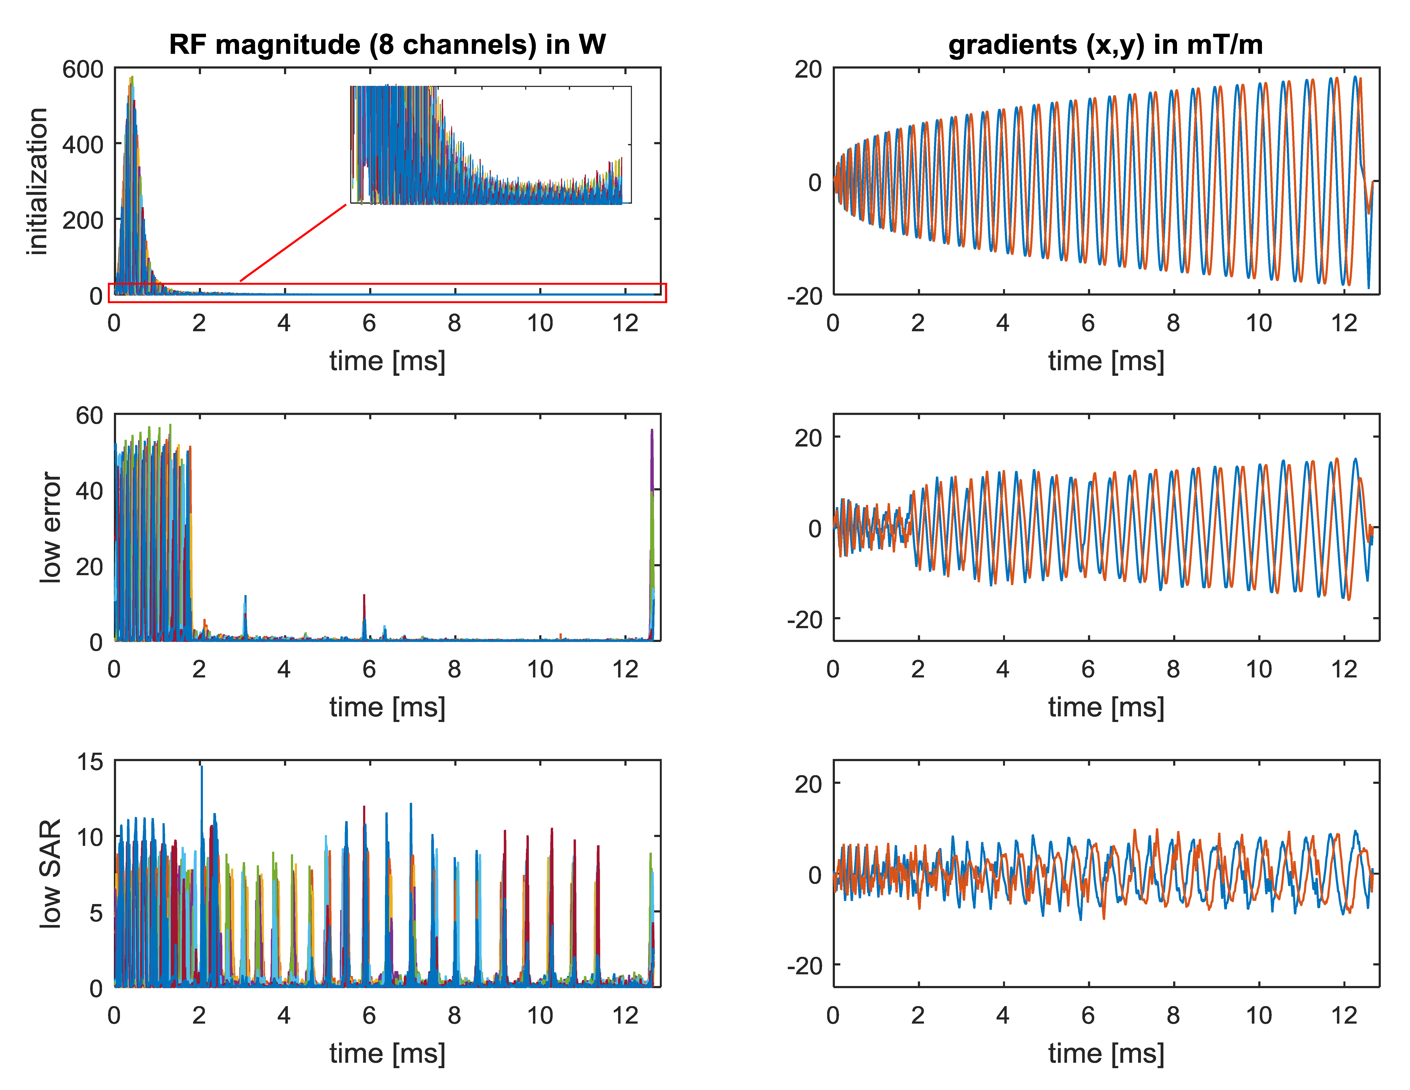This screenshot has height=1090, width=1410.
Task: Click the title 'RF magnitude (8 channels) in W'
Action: pos(387,45)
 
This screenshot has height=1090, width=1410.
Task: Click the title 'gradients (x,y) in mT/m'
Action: pos(1105,45)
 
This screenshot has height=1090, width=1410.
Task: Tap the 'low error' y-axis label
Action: pos(50,528)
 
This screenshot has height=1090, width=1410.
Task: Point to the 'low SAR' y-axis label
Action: pos(50,874)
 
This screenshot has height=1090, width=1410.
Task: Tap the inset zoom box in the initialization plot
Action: pos(491,145)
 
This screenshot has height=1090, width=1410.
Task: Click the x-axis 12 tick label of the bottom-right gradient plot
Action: pos(1344,1016)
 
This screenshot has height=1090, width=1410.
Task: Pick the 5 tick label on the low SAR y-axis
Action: pos(96,912)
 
